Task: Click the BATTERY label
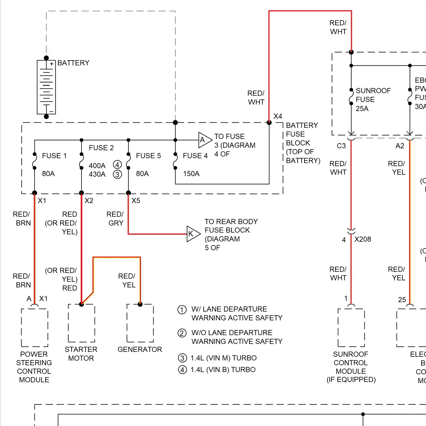tap(73, 63)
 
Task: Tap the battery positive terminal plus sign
tap(51, 64)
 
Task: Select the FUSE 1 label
tap(54, 156)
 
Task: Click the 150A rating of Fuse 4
tap(191, 174)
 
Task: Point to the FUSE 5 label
tap(148, 156)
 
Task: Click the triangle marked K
tap(193, 234)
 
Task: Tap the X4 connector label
tap(277, 116)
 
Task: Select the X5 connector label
tap(136, 201)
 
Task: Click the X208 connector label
tap(362, 239)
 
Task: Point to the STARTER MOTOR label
tap(81, 354)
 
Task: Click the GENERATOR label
tap(140, 349)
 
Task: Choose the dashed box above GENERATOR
tap(140, 323)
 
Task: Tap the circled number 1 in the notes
tap(182, 310)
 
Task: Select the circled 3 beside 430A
tap(117, 174)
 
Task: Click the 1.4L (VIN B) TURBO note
tap(223, 369)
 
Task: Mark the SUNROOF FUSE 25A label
tap(373, 99)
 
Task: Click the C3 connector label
tap(341, 146)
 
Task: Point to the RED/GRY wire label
tap(115, 218)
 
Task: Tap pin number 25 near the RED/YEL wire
tap(402, 300)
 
